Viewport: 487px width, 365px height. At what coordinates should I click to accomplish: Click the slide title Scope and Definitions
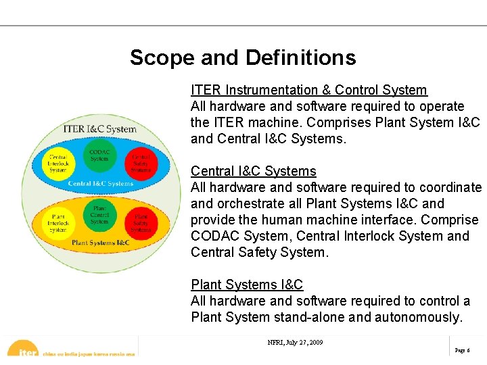243,57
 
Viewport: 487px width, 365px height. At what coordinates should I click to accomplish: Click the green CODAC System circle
99,155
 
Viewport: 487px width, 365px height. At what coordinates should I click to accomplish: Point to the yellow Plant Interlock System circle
58,224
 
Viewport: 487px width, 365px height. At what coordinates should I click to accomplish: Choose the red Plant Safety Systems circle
141,223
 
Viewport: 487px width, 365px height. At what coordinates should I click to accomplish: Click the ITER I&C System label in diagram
99,128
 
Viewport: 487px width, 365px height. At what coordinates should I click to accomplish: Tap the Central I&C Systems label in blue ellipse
101,184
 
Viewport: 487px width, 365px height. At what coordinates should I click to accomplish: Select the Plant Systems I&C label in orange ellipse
101,243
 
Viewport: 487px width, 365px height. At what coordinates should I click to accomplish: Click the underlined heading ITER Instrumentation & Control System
309,90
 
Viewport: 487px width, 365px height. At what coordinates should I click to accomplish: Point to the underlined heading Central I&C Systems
254,171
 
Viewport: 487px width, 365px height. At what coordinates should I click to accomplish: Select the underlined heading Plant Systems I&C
247,285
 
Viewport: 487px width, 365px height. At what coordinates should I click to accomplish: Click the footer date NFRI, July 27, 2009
296,343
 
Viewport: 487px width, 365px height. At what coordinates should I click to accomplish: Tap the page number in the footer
463,351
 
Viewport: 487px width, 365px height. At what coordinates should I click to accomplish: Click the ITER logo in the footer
24,349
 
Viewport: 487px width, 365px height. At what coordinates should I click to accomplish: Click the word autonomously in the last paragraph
418,317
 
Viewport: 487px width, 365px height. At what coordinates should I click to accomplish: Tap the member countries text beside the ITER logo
88,354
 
